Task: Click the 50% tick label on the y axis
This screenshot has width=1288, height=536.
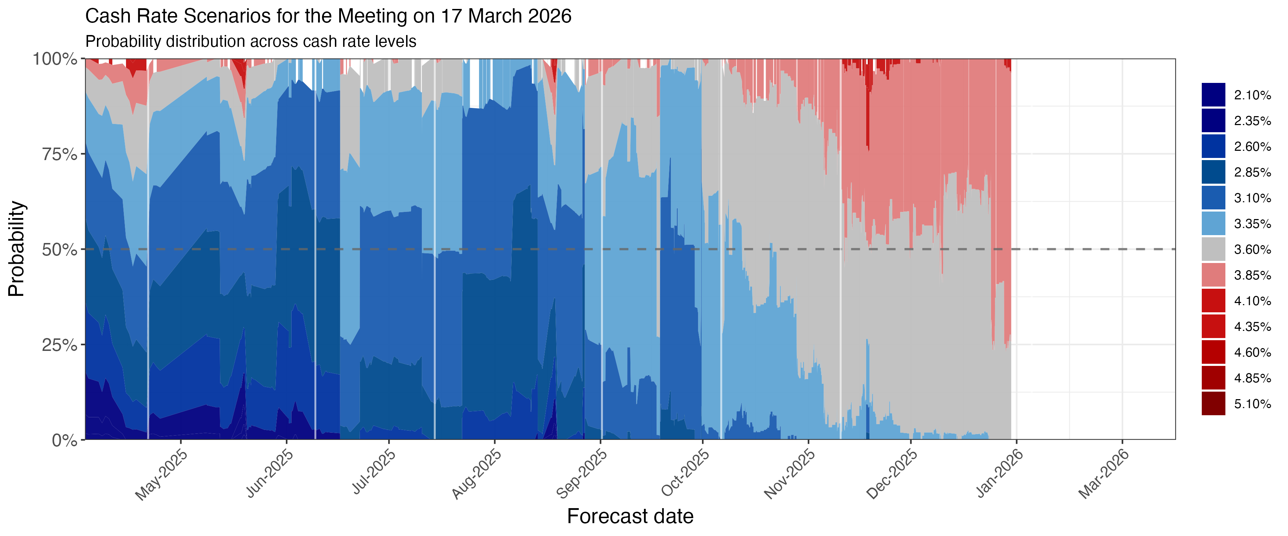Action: pyautogui.click(x=59, y=250)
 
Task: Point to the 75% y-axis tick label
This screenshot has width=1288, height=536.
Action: pyautogui.click(x=59, y=154)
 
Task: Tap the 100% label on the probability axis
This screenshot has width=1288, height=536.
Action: pyautogui.click(x=55, y=59)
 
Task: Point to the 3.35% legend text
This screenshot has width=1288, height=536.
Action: pyautogui.click(x=1252, y=224)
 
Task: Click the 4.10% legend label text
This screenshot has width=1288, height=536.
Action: pyautogui.click(x=1252, y=301)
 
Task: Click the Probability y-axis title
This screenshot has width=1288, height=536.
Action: pyautogui.click(x=16, y=249)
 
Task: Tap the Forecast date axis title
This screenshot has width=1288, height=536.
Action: pyautogui.click(x=630, y=516)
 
